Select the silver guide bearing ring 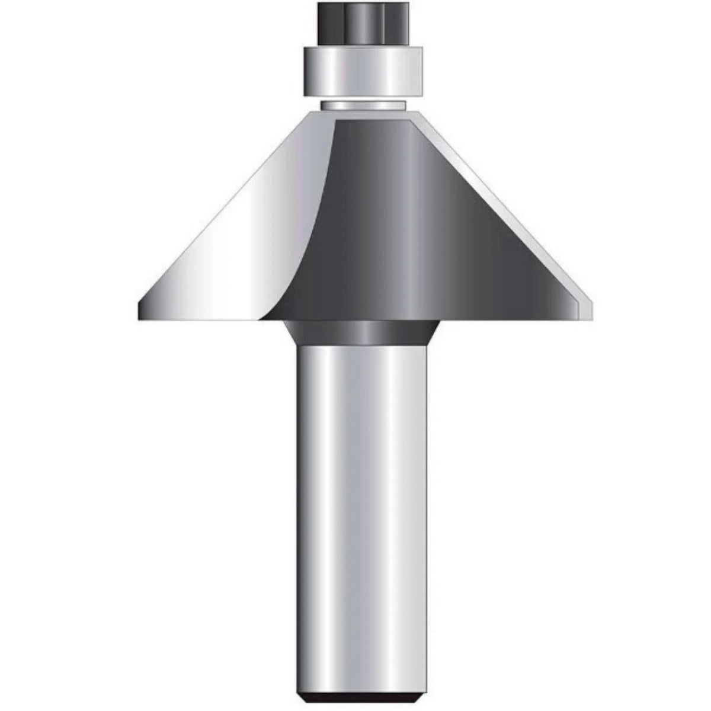[363, 71]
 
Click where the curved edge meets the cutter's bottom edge [264, 319]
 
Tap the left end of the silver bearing [307, 71]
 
